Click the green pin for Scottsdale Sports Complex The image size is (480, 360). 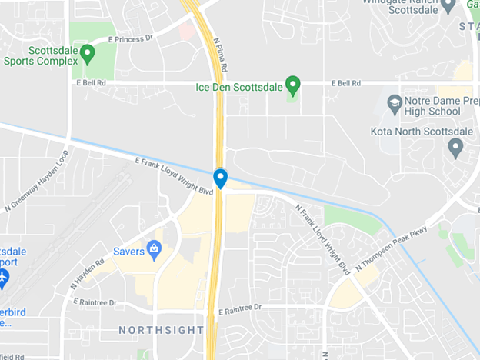(87, 54)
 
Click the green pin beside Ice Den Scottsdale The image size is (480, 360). (292, 83)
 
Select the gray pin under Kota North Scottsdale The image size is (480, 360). (455, 145)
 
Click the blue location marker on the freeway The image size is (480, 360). (220, 178)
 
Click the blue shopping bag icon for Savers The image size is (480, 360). (154, 250)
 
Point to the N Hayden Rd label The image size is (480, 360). (87, 273)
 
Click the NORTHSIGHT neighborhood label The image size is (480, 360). (161, 330)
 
